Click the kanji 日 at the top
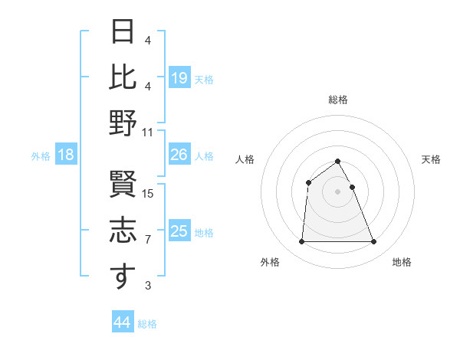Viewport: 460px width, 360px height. [x=123, y=31]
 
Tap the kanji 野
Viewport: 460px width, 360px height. [x=123, y=123]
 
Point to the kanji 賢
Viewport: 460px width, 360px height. [x=123, y=186]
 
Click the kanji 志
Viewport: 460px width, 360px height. [x=123, y=231]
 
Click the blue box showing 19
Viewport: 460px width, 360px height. [x=179, y=77]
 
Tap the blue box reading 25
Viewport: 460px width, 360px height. [x=179, y=231]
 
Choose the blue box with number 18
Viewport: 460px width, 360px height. [x=66, y=155]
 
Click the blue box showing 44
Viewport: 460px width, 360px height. [x=123, y=322]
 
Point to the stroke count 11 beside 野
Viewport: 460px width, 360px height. [x=149, y=132]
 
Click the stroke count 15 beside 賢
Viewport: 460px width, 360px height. [x=149, y=194]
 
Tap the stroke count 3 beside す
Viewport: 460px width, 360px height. [x=148, y=286]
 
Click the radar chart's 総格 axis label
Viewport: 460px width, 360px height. [x=338, y=100]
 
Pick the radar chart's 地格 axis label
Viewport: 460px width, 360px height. [x=402, y=263]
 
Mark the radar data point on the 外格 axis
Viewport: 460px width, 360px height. [x=301, y=242]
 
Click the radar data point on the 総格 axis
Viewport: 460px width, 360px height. [x=338, y=161]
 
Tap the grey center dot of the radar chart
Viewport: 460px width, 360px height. [x=338, y=191]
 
